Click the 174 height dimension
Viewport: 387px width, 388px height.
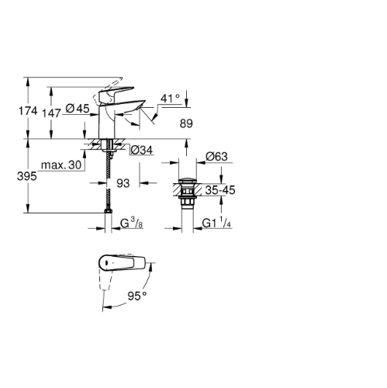pyautogui.click(x=28, y=111)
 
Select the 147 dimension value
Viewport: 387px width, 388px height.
pyautogui.click(x=51, y=113)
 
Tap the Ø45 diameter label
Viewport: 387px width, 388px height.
pyautogui.click(x=78, y=109)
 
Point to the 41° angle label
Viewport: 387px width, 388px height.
pyautogui.click(x=170, y=99)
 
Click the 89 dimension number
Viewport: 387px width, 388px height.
pyautogui.click(x=186, y=123)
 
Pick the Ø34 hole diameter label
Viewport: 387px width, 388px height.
pyautogui.click(x=142, y=150)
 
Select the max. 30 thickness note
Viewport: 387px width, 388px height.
pyautogui.click(x=61, y=165)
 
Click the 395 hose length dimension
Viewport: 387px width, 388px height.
pyautogui.click(x=27, y=176)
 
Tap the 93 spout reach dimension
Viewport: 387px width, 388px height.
pyautogui.click(x=123, y=183)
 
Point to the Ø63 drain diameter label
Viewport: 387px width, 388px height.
pyautogui.click(x=216, y=156)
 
